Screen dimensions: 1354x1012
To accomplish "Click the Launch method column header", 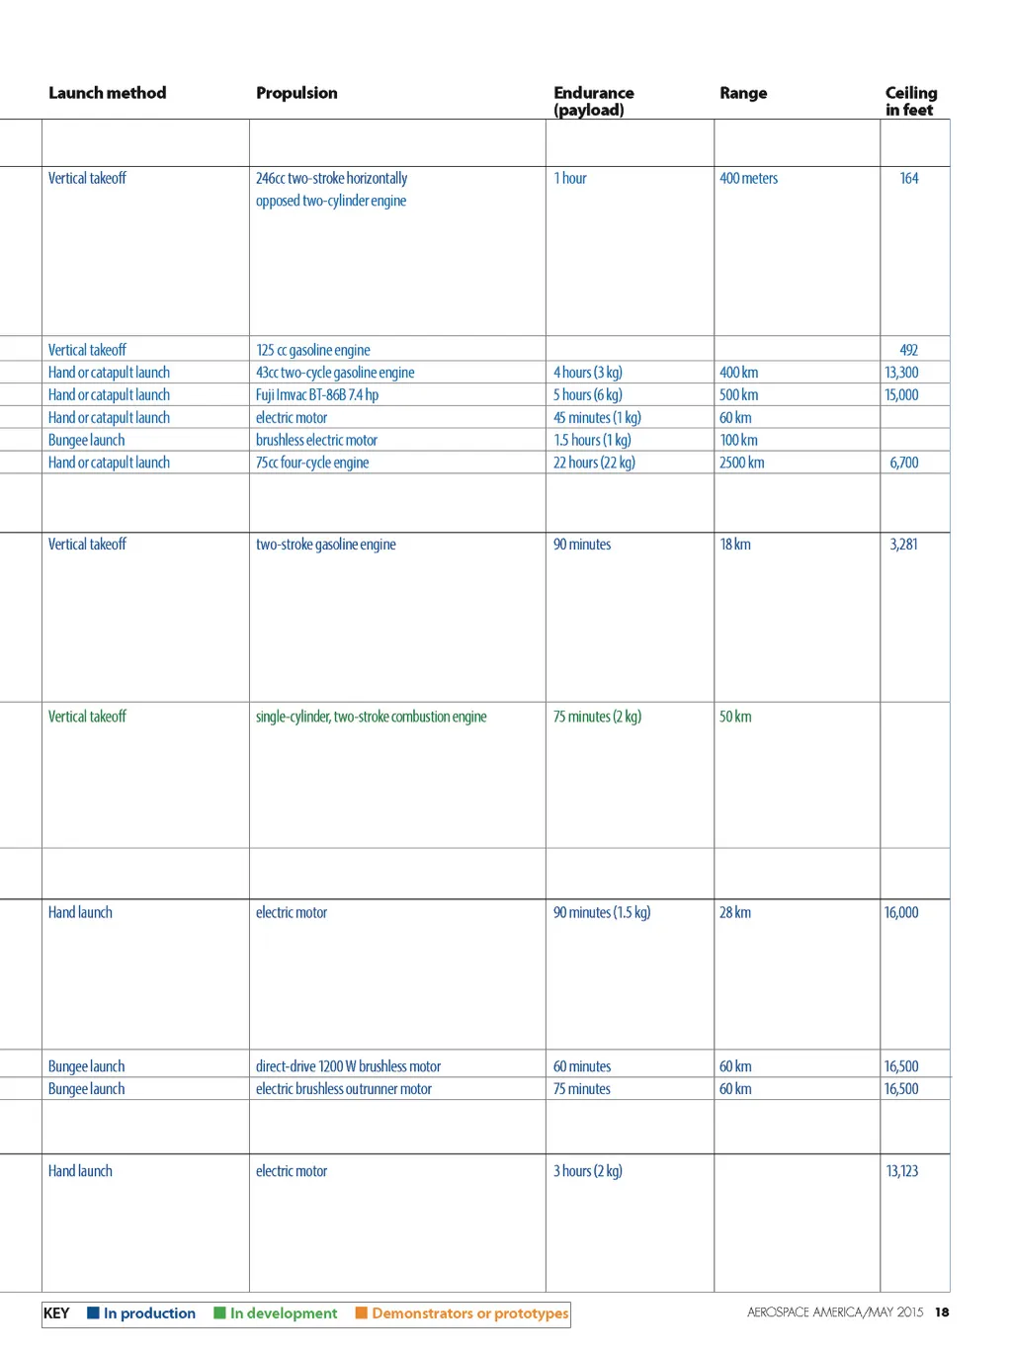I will (x=107, y=93).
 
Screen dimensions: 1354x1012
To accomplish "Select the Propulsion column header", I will (x=296, y=93).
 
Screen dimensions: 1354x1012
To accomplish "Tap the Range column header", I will (x=743, y=93).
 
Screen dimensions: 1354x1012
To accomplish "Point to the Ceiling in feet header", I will (x=910, y=101).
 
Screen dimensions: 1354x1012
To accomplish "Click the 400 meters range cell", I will (x=748, y=179).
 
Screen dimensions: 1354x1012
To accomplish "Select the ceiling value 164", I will (x=909, y=179).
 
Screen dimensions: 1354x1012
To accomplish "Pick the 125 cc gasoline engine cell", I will (x=312, y=350).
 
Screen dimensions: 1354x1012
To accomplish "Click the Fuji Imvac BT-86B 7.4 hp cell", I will (x=316, y=395).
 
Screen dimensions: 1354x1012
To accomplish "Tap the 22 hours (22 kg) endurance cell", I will (x=594, y=463).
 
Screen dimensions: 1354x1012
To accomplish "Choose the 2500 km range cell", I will (x=741, y=463).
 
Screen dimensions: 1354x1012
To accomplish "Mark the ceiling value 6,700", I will (x=903, y=463).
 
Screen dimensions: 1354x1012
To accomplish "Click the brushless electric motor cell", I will (x=316, y=441).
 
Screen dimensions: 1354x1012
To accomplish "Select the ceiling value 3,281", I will (x=903, y=545).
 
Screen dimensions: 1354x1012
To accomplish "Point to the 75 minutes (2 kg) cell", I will (x=597, y=717).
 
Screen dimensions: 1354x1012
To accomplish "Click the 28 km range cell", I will (x=734, y=912).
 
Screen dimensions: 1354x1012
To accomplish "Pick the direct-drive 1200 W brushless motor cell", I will (x=348, y=1066).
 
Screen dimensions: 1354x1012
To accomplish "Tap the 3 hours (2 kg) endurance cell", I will (x=587, y=1171).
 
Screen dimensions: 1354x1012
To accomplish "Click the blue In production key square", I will (x=93, y=1312).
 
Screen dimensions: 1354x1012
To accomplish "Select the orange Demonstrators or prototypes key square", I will (x=362, y=1312).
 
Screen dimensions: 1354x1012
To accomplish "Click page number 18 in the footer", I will (x=942, y=1312).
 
